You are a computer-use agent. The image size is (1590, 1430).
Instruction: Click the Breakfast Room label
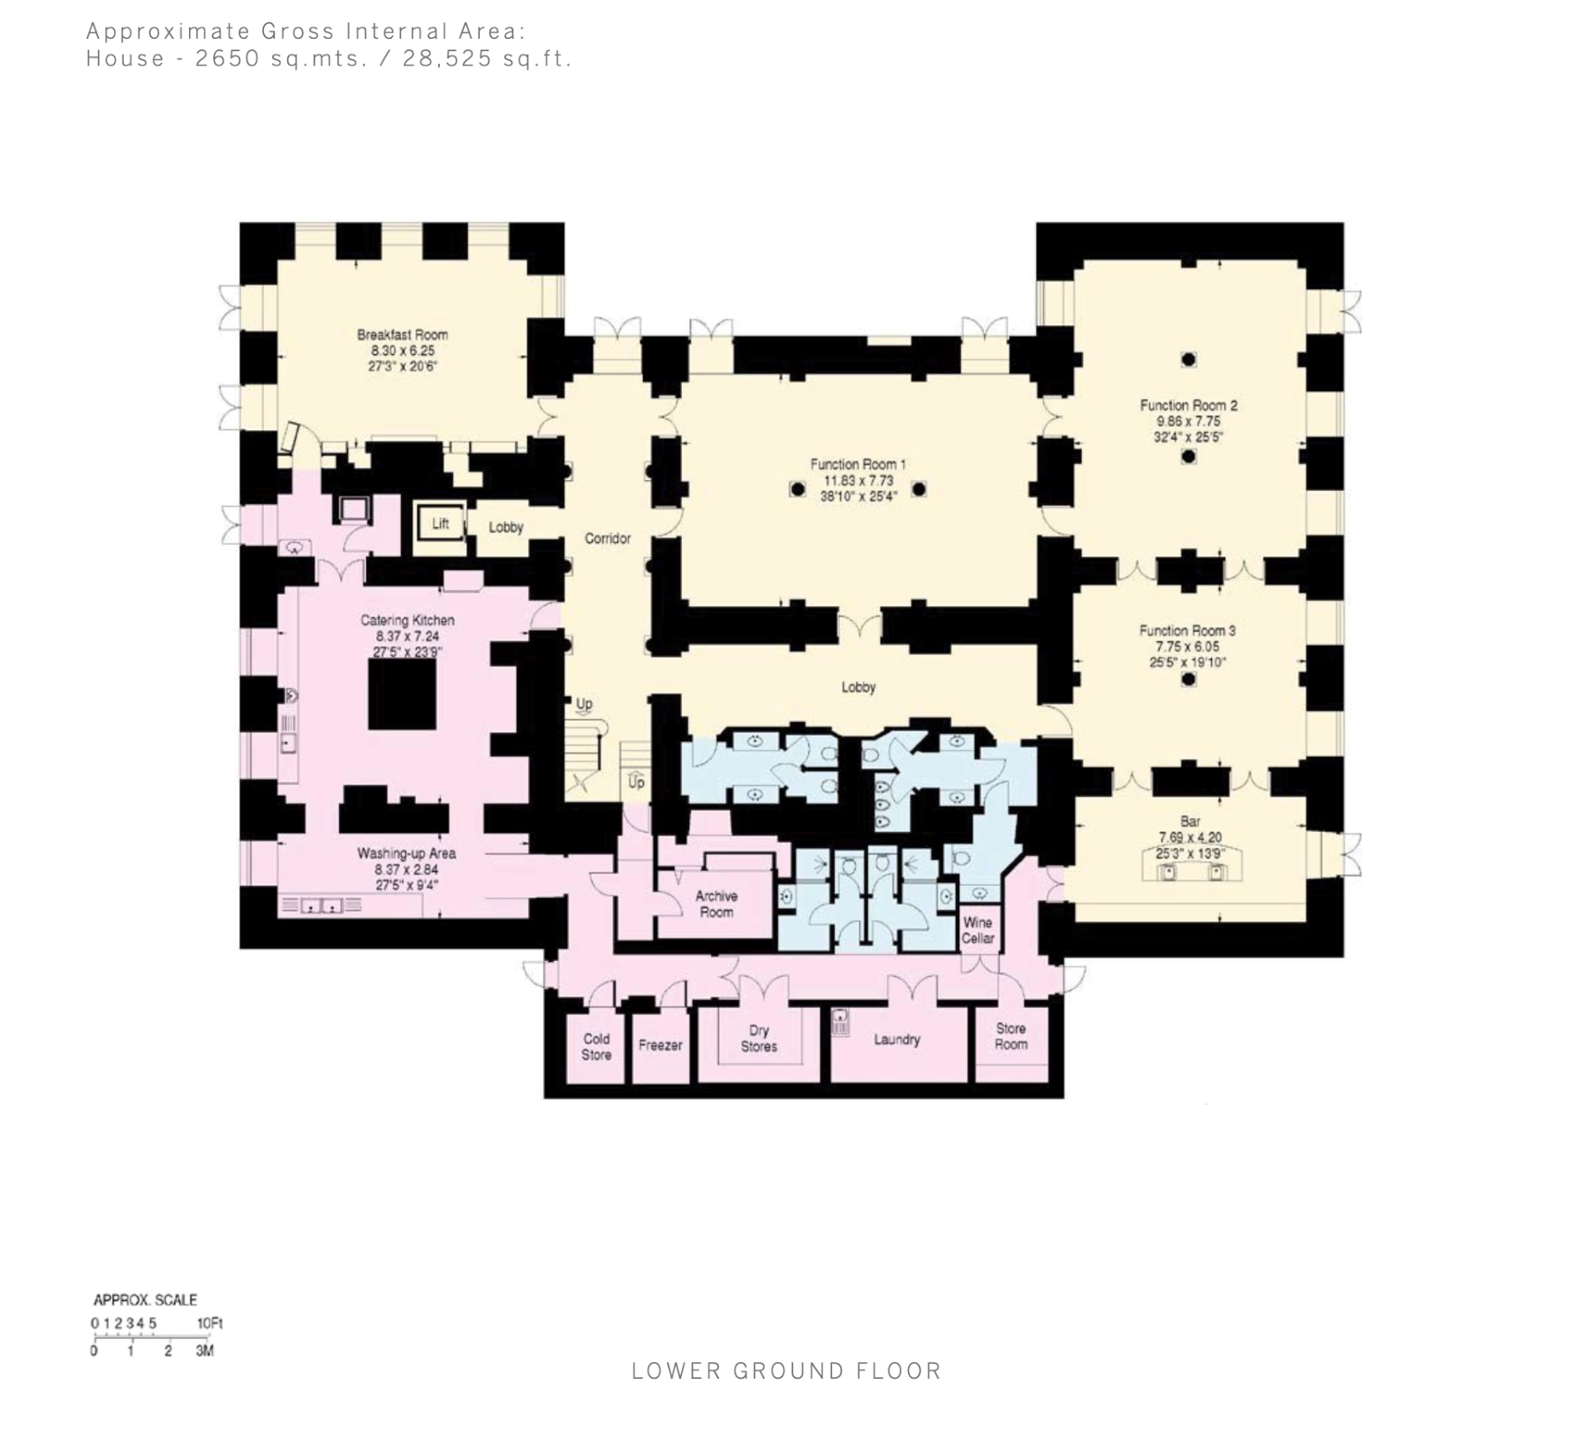402,335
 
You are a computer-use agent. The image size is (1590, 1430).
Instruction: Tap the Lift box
441,525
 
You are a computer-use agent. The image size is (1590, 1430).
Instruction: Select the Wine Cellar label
978,930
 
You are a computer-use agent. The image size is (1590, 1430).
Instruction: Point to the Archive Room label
716,904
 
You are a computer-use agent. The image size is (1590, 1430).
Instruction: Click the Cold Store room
596,1047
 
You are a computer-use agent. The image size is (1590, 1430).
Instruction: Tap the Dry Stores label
759,1039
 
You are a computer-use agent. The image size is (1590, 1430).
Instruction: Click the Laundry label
897,1040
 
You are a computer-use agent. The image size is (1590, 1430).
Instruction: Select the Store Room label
1011,1036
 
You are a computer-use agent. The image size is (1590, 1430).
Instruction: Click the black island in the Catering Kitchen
402,694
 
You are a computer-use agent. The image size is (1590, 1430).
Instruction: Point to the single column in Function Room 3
1189,679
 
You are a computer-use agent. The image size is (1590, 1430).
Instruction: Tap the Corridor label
608,538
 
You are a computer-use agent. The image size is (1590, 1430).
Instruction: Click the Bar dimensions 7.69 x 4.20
1190,837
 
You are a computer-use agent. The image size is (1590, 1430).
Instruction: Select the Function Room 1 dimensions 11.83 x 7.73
859,480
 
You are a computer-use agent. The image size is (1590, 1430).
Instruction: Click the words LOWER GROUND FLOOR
786,1371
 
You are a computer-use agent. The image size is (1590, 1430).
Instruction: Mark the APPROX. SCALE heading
145,1300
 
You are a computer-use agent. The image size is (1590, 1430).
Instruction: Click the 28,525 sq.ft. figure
488,59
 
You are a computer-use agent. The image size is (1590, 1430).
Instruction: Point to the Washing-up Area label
406,853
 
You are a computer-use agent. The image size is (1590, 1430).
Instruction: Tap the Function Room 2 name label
1189,405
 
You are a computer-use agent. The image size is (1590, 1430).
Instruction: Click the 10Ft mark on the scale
210,1323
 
